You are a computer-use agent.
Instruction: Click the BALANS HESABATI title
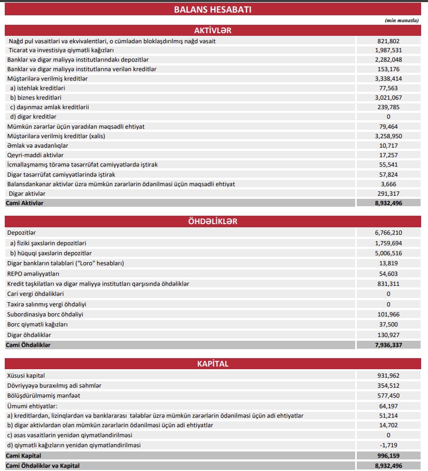point(213,10)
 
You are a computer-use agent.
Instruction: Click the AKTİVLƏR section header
point(213,30)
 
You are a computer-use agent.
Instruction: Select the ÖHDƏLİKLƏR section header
point(213,220)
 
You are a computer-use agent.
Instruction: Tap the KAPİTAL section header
point(213,364)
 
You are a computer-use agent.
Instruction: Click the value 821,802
point(388,41)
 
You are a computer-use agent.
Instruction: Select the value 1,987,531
point(388,50)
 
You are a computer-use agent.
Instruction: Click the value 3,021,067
point(388,98)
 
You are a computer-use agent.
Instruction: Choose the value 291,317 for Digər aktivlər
point(388,194)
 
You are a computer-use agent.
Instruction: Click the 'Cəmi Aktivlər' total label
point(25,203)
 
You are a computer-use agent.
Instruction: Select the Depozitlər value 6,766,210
point(388,233)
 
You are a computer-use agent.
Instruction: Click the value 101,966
point(388,314)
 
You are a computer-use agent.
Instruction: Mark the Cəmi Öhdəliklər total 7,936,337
point(388,345)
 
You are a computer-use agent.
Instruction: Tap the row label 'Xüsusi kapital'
point(26,376)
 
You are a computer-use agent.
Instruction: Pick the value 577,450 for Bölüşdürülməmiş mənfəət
point(388,396)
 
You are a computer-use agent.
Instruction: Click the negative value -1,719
point(388,445)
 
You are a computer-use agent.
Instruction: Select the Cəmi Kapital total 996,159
point(388,456)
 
